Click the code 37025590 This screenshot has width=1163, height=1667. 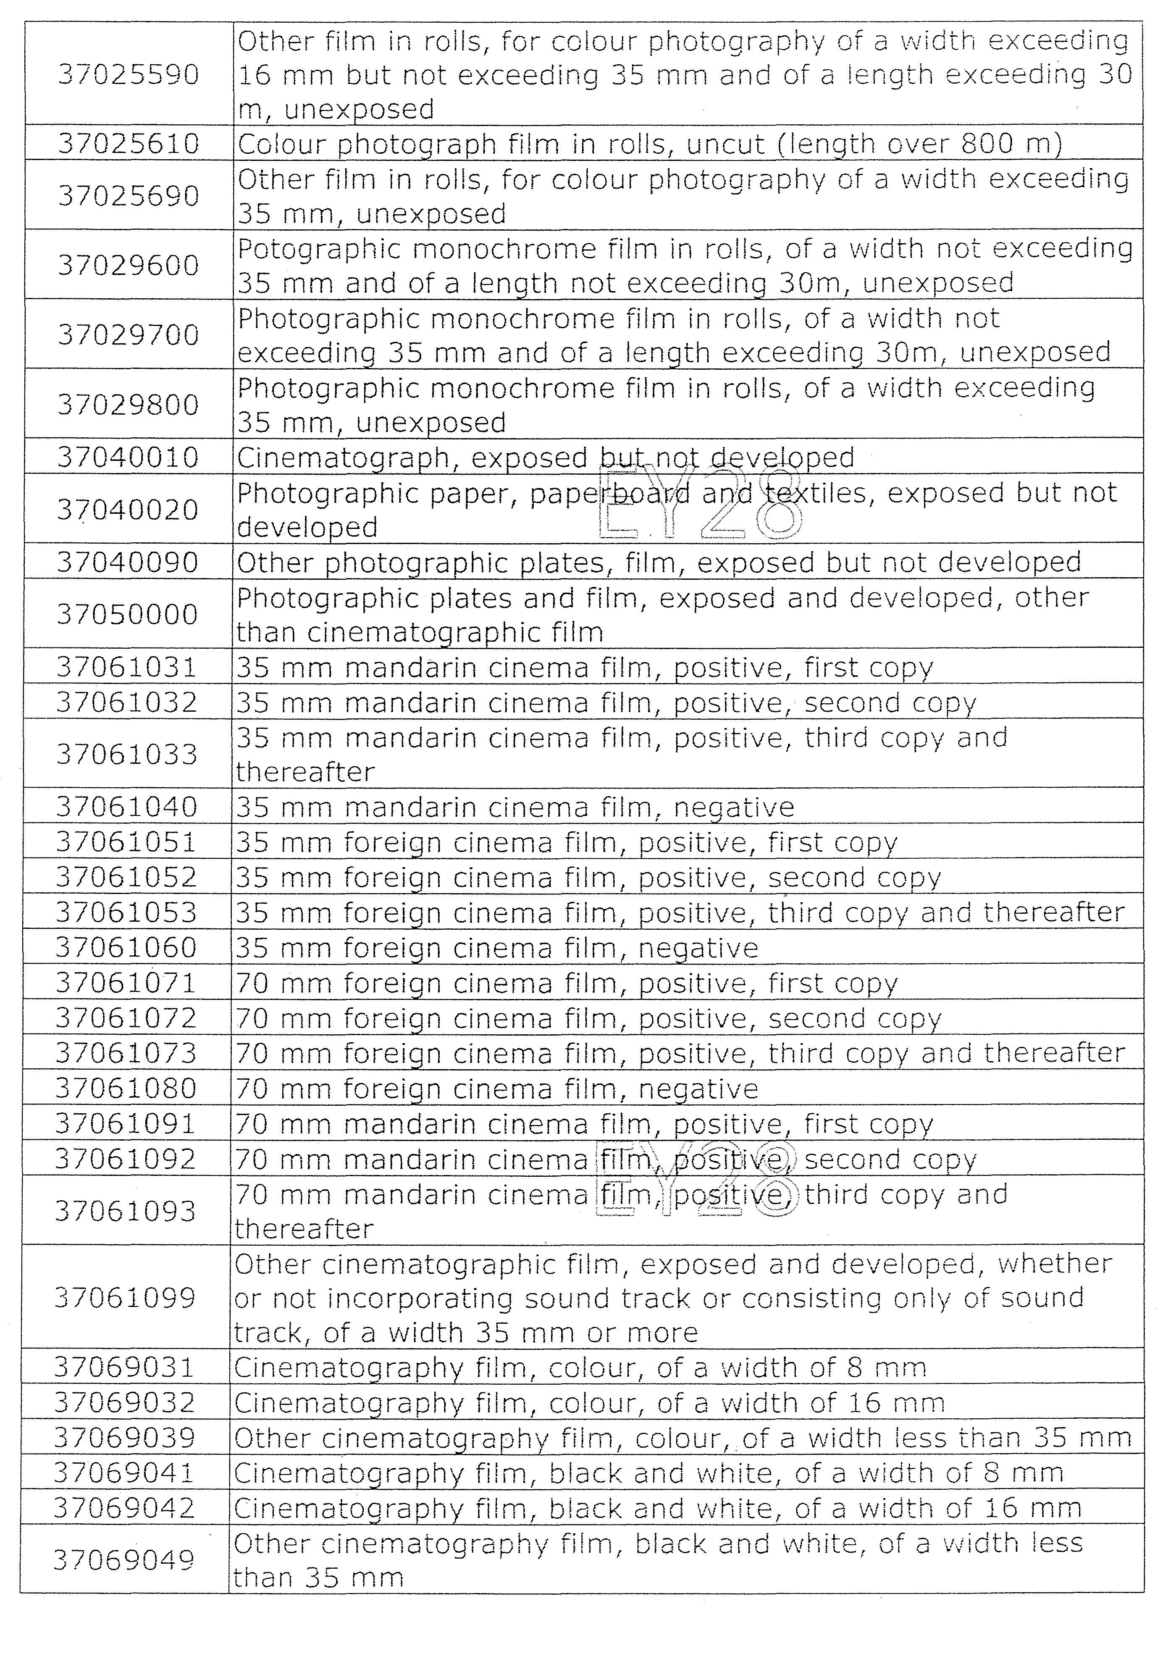click(x=129, y=75)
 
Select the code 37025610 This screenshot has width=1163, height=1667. click(x=129, y=144)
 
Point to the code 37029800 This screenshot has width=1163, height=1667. click(x=129, y=405)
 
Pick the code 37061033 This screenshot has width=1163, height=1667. click(x=127, y=755)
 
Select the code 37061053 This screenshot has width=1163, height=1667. click(x=126, y=912)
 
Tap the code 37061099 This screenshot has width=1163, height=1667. click(x=126, y=1297)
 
